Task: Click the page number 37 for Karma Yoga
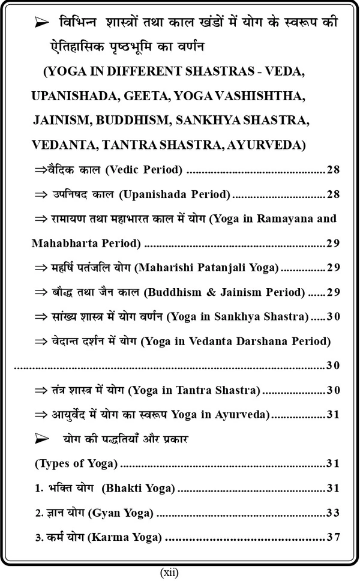pos(334,537)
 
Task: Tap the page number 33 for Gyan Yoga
pos(334,513)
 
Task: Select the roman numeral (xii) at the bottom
pos(169,572)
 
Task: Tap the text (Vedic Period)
pos(144,170)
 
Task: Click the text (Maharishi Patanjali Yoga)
pos(208,268)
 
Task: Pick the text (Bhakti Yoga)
pos(139,489)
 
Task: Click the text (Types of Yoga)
pos(76,463)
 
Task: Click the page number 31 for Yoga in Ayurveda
pos(334,415)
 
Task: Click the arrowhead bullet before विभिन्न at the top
pos(42,23)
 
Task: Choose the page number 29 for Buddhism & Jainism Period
pos(334,292)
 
